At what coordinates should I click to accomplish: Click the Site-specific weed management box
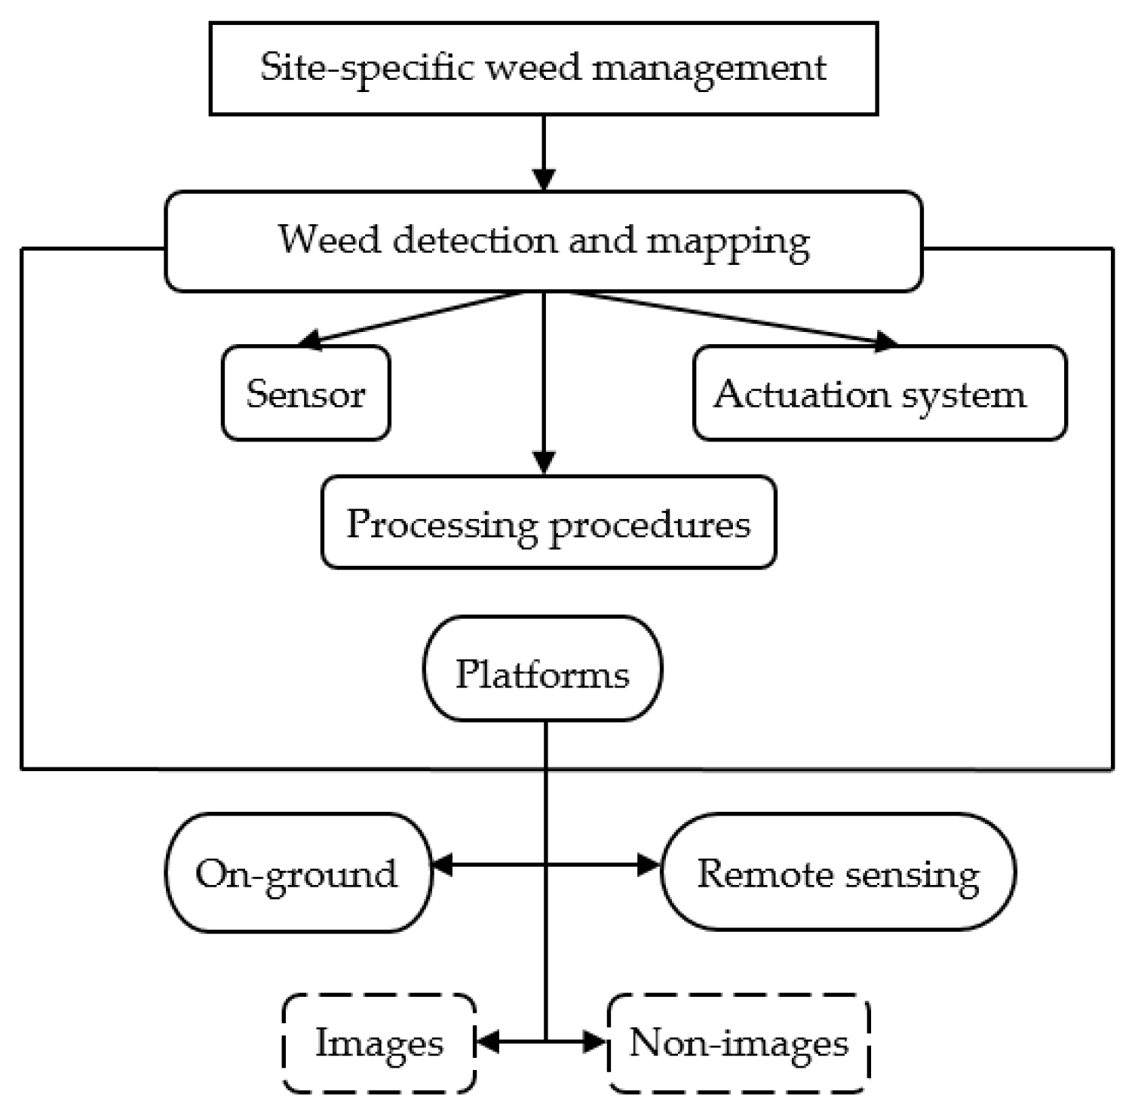[543, 68]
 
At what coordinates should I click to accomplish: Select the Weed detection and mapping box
[543, 241]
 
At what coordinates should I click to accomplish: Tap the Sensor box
[305, 393]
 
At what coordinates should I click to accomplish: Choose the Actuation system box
[879, 393]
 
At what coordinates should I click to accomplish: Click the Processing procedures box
[548, 522]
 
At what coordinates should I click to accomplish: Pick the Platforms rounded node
[542, 669]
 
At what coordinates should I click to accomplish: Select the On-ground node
[299, 873]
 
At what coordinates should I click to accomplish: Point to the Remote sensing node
[838, 872]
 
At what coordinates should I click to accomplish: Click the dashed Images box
[379, 1043]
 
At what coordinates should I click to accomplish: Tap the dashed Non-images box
[738, 1043]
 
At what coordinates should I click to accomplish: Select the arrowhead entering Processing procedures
[544, 463]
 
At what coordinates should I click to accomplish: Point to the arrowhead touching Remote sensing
[649, 865]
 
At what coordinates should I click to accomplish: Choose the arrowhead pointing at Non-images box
[595, 1042]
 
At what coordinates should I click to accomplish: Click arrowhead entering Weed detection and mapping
[544, 180]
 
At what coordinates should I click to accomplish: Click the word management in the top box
[709, 68]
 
